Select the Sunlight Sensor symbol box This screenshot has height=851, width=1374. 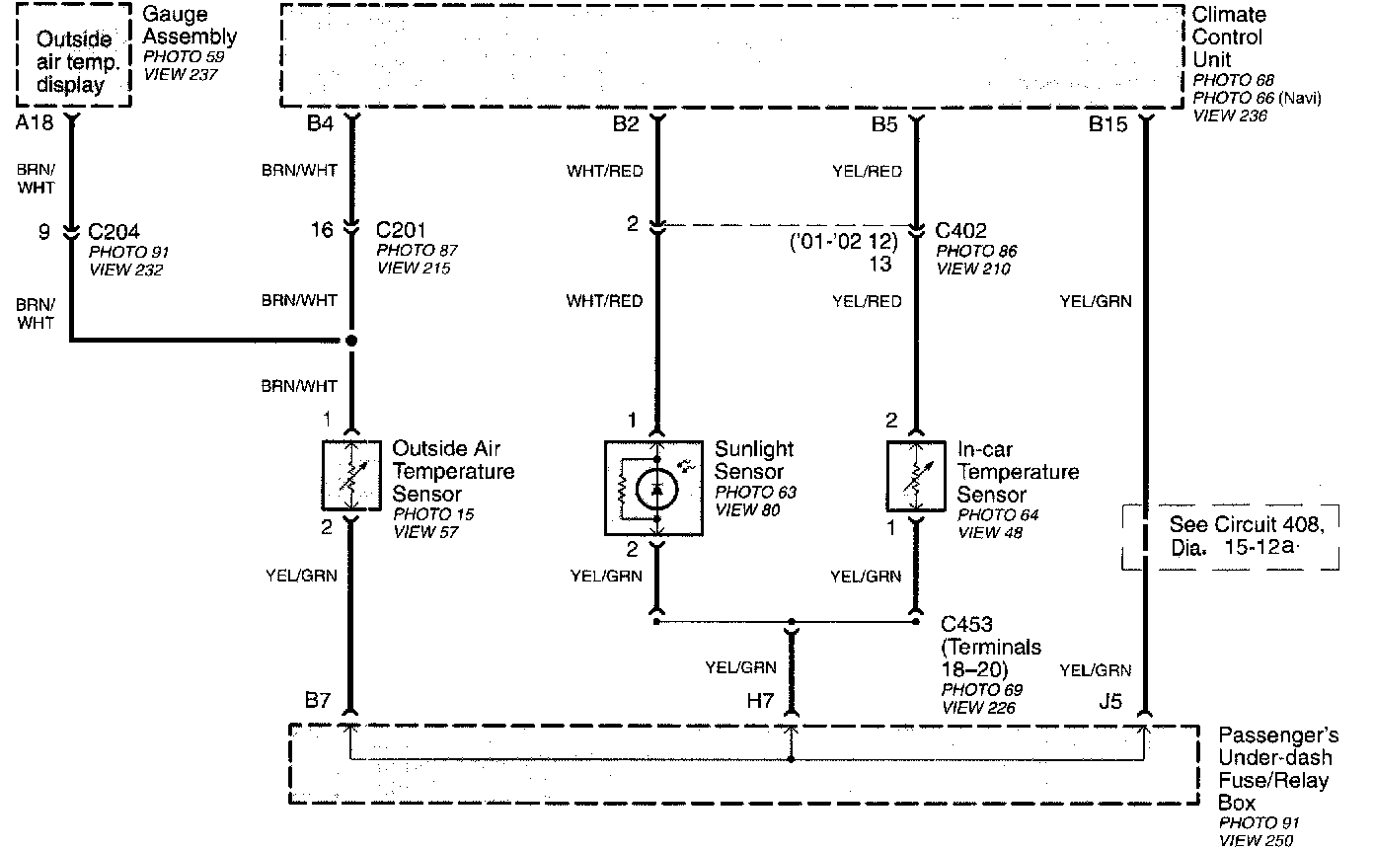pyautogui.click(x=653, y=488)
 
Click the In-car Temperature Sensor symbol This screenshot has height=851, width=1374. pyautogui.click(x=915, y=476)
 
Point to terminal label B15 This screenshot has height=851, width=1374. pyautogui.click(x=1107, y=125)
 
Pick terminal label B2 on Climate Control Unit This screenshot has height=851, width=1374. pyautogui.click(x=626, y=125)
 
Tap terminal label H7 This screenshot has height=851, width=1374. pyautogui.click(x=758, y=700)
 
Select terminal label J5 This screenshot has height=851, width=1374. pyautogui.click(x=1110, y=702)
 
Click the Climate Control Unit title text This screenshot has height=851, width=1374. pyautogui.click(x=1228, y=38)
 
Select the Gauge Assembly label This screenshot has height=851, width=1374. pyautogui.click(x=189, y=26)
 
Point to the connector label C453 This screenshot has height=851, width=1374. pyautogui.click(x=966, y=624)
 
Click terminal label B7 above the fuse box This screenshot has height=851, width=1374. pyautogui.click(x=318, y=702)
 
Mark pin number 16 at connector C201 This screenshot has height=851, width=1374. pyautogui.click(x=322, y=231)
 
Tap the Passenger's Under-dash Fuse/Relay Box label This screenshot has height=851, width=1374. pyautogui.click(x=1277, y=769)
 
